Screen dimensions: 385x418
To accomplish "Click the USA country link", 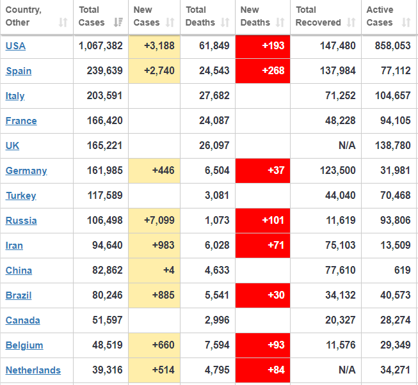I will pos(15,46).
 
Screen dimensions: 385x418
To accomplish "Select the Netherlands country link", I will pos(33,370).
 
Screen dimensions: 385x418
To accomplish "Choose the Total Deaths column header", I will pos(197,16).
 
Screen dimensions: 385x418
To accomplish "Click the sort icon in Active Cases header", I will pos(406,22).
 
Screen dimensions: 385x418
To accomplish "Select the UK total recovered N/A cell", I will pos(347,146).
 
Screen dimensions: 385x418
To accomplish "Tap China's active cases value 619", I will pos(402,271).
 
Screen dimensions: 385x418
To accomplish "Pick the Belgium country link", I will pos(24,345).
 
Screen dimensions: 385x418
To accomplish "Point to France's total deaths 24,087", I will pos(214,121).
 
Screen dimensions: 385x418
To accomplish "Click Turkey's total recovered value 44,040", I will pos(340,196).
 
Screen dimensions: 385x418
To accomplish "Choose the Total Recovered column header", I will pos(318,16).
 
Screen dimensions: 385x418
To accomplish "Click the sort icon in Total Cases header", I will pos(118,22).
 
